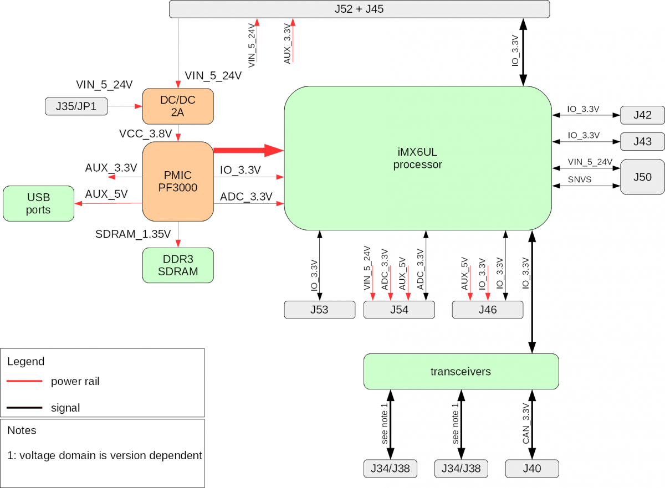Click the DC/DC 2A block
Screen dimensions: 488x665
click(x=178, y=106)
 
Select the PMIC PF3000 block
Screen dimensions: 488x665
click(x=178, y=181)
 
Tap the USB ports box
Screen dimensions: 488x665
click(x=38, y=203)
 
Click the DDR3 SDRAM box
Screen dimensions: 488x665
click(x=178, y=265)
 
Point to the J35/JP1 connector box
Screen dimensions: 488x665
click(x=76, y=106)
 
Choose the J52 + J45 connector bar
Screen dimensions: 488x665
click(x=359, y=9)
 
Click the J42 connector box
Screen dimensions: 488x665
click(x=642, y=115)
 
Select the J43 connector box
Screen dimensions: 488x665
click(x=642, y=141)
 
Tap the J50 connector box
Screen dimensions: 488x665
click(x=642, y=177)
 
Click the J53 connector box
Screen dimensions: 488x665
click(x=319, y=310)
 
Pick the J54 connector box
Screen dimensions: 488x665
click(x=399, y=310)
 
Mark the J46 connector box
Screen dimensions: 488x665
click(x=488, y=310)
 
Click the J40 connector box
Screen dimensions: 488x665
click(x=532, y=469)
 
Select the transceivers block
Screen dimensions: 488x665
click(x=461, y=371)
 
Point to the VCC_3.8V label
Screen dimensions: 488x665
click(x=145, y=134)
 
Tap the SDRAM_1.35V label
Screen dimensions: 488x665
click(x=133, y=233)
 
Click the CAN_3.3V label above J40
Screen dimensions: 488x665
click(x=526, y=424)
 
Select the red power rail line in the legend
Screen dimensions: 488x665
click(x=24, y=381)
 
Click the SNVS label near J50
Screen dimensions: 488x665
click(x=580, y=179)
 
